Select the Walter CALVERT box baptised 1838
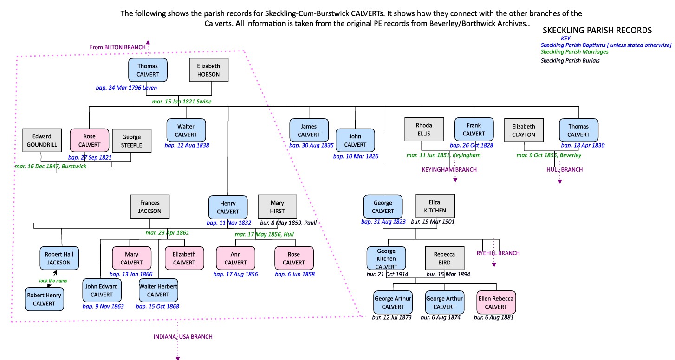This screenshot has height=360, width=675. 186,130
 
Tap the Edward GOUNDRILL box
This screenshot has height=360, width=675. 42,141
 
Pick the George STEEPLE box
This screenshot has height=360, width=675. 131,141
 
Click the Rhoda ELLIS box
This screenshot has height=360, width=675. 424,129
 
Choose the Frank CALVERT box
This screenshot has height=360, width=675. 474,129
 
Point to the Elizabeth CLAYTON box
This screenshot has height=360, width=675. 524,130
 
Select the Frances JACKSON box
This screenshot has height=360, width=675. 149,207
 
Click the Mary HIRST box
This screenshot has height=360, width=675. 277,207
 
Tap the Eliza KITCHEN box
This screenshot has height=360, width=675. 435,206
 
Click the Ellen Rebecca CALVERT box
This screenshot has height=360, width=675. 496,302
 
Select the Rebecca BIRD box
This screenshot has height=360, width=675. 445,258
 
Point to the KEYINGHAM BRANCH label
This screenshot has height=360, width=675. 449,170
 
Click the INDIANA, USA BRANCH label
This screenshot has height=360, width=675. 183,337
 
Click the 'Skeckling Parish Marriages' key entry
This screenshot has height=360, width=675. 574,52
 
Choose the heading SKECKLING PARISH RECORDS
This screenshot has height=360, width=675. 597,31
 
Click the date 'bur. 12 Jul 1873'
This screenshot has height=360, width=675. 392,317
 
